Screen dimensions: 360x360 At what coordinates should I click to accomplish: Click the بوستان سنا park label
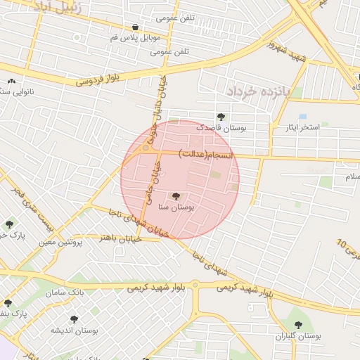pyautogui.click(x=176, y=207)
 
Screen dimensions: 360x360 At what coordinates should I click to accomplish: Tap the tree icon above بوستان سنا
pyautogui.click(x=176, y=196)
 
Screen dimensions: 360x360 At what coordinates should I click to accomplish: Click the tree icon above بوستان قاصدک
pyautogui.click(x=221, y=117)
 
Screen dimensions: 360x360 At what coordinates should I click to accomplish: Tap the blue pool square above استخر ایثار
pyautogui.click(x=302, y=116)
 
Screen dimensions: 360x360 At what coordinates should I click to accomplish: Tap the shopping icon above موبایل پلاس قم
pyautogui.click(x=135, y=27)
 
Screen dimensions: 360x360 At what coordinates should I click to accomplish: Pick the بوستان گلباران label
pyautogui.click(x=299, y=337)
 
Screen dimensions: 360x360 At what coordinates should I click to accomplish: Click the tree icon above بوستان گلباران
pyautogui.click(x=298, y=325)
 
